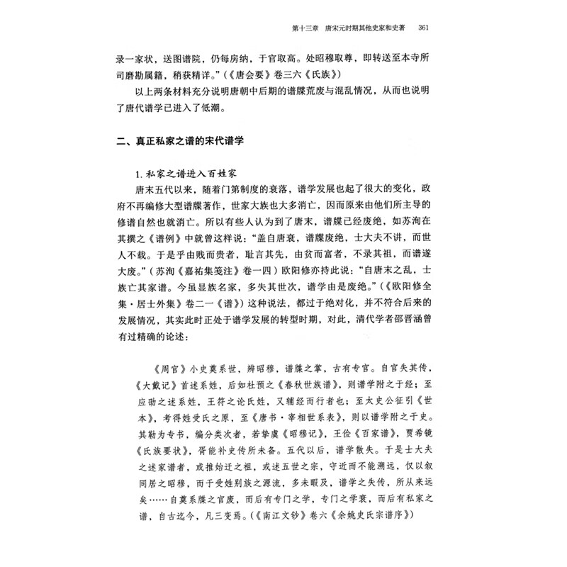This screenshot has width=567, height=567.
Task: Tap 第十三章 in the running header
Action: pyautogui.click(x=309, y=28)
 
